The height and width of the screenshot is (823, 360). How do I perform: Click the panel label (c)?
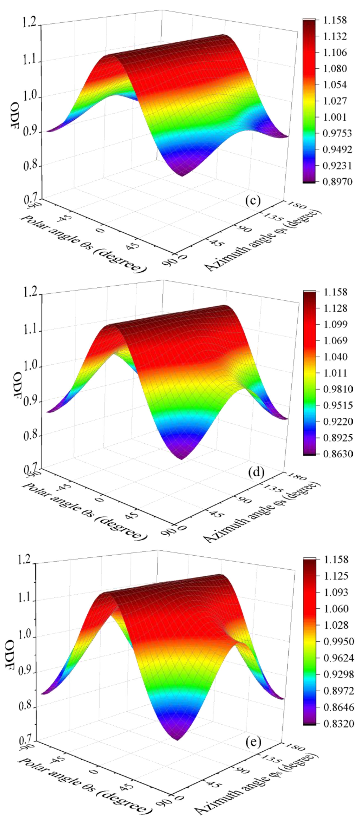pyautogui.click(x=253, y=200)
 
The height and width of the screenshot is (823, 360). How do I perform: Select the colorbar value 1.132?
pyautogui.click(x=334, y=36)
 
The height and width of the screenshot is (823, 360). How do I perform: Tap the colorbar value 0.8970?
pyautogui.click(x=337, y=182)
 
